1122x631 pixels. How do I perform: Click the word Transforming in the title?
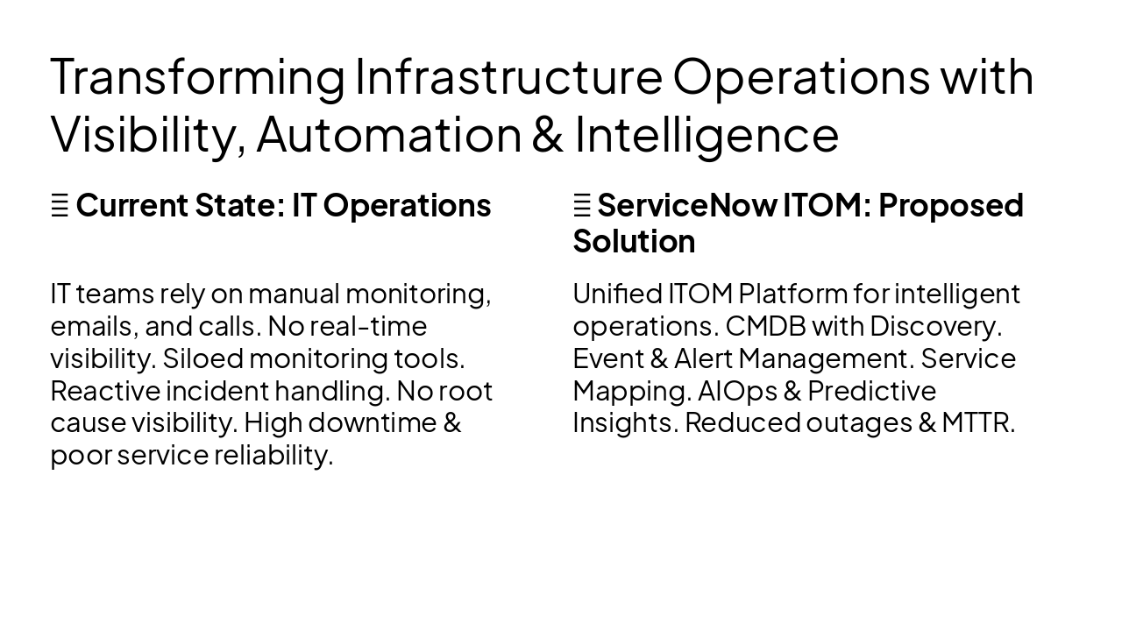[x=198, y=77]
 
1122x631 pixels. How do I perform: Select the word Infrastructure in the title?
[x=508, y=77]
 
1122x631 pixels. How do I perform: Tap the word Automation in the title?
[x=388, y=134]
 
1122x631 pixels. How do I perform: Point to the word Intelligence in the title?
[x=707, y=134]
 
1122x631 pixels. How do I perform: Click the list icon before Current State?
[x=60, y=206]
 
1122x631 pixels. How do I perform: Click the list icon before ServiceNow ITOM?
[x=582, y=206]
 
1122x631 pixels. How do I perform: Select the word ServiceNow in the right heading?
[x=686, y=205]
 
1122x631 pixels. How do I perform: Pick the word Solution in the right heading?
[x=634, y=241]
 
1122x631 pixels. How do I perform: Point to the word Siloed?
[x=202, y=358]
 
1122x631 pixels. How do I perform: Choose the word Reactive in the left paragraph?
[x=105, y=391]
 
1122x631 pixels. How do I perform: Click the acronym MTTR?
[x=978, y=422]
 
